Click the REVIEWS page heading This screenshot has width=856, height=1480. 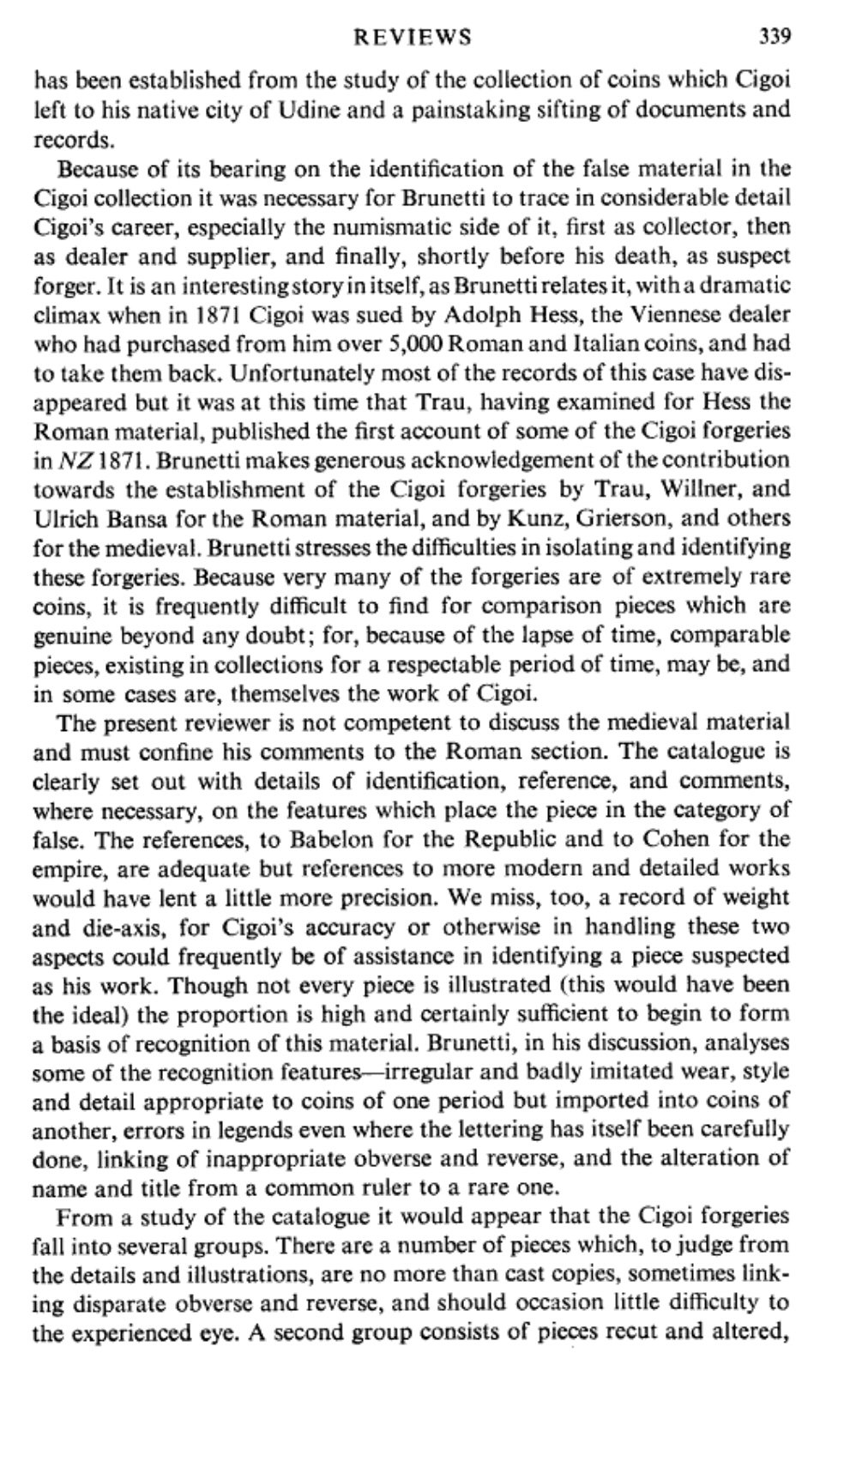click(x=413, y=37)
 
